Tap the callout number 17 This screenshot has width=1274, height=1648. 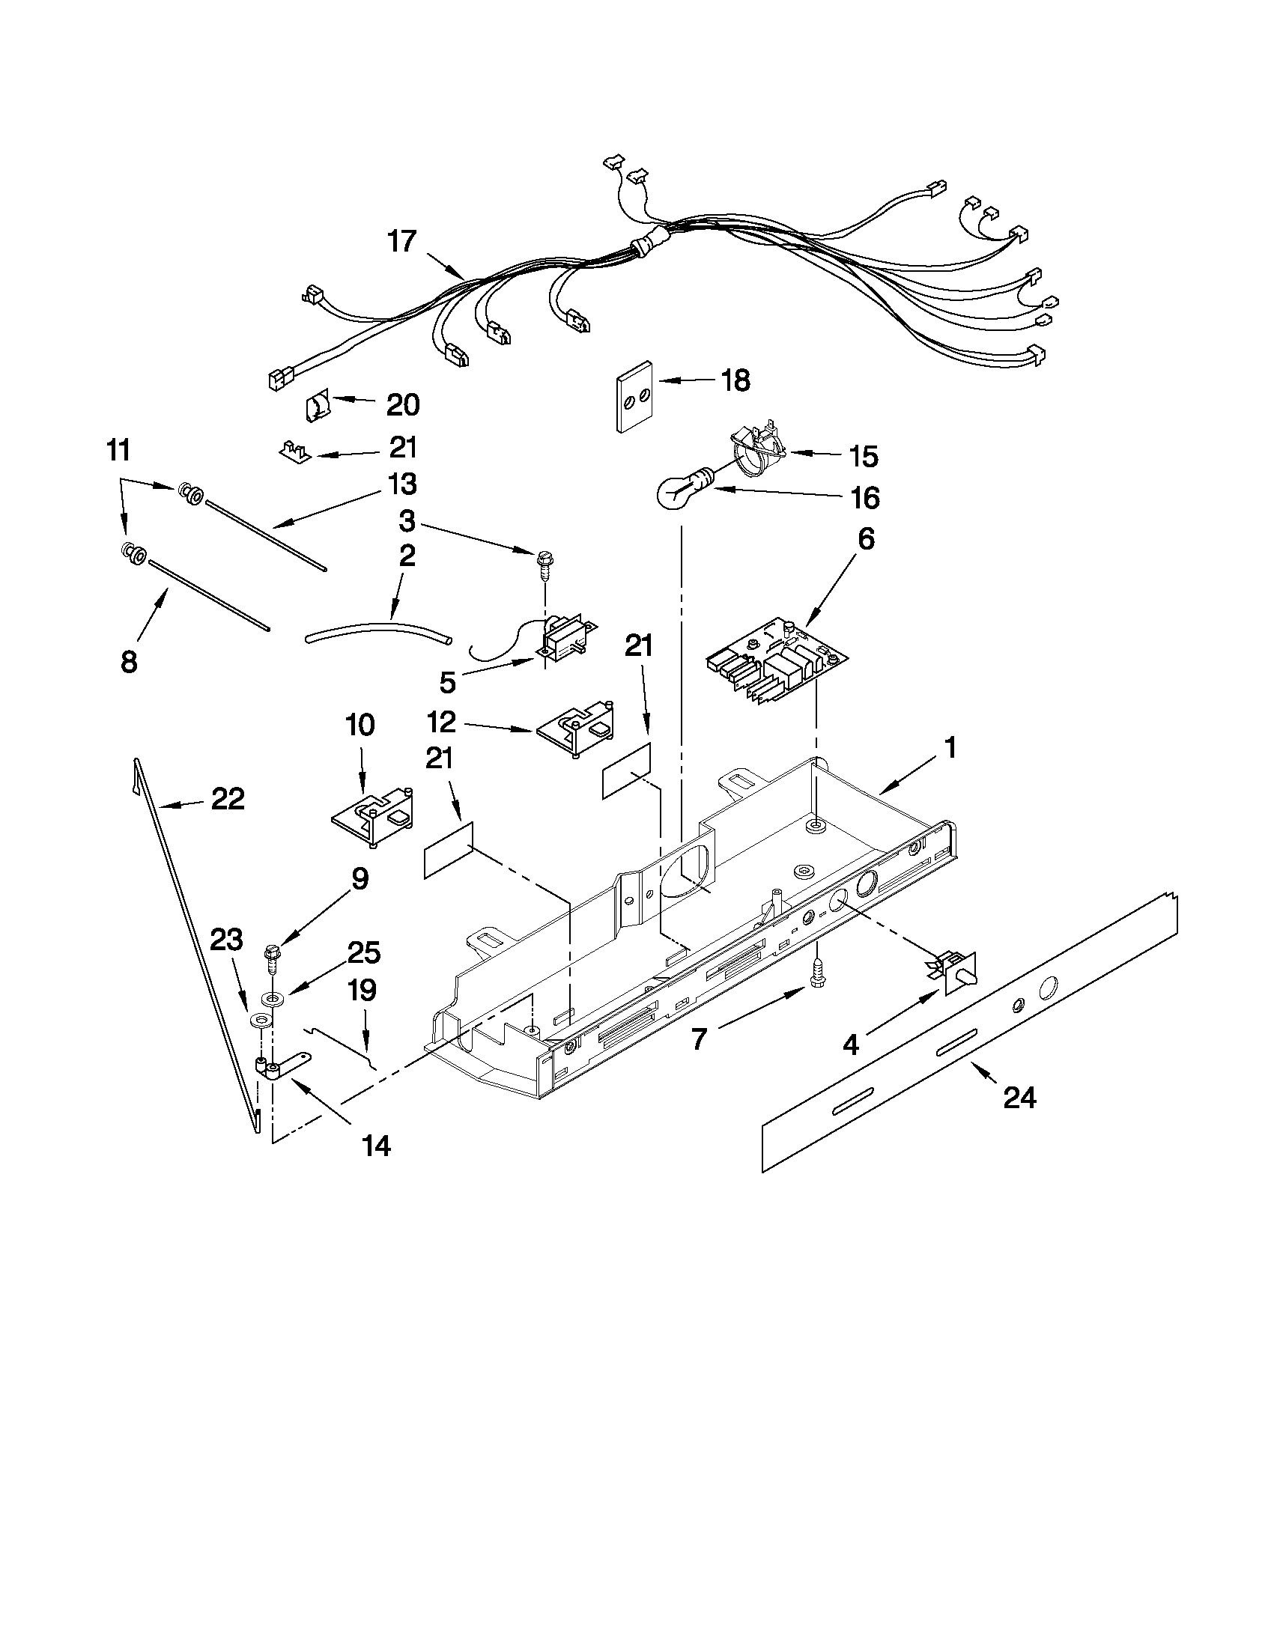[x=401, y=241]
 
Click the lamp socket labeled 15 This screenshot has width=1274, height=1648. [x=757, y=454]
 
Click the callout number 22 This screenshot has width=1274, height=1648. [x=227, y=799]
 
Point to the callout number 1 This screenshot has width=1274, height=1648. [x=950, y=748]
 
